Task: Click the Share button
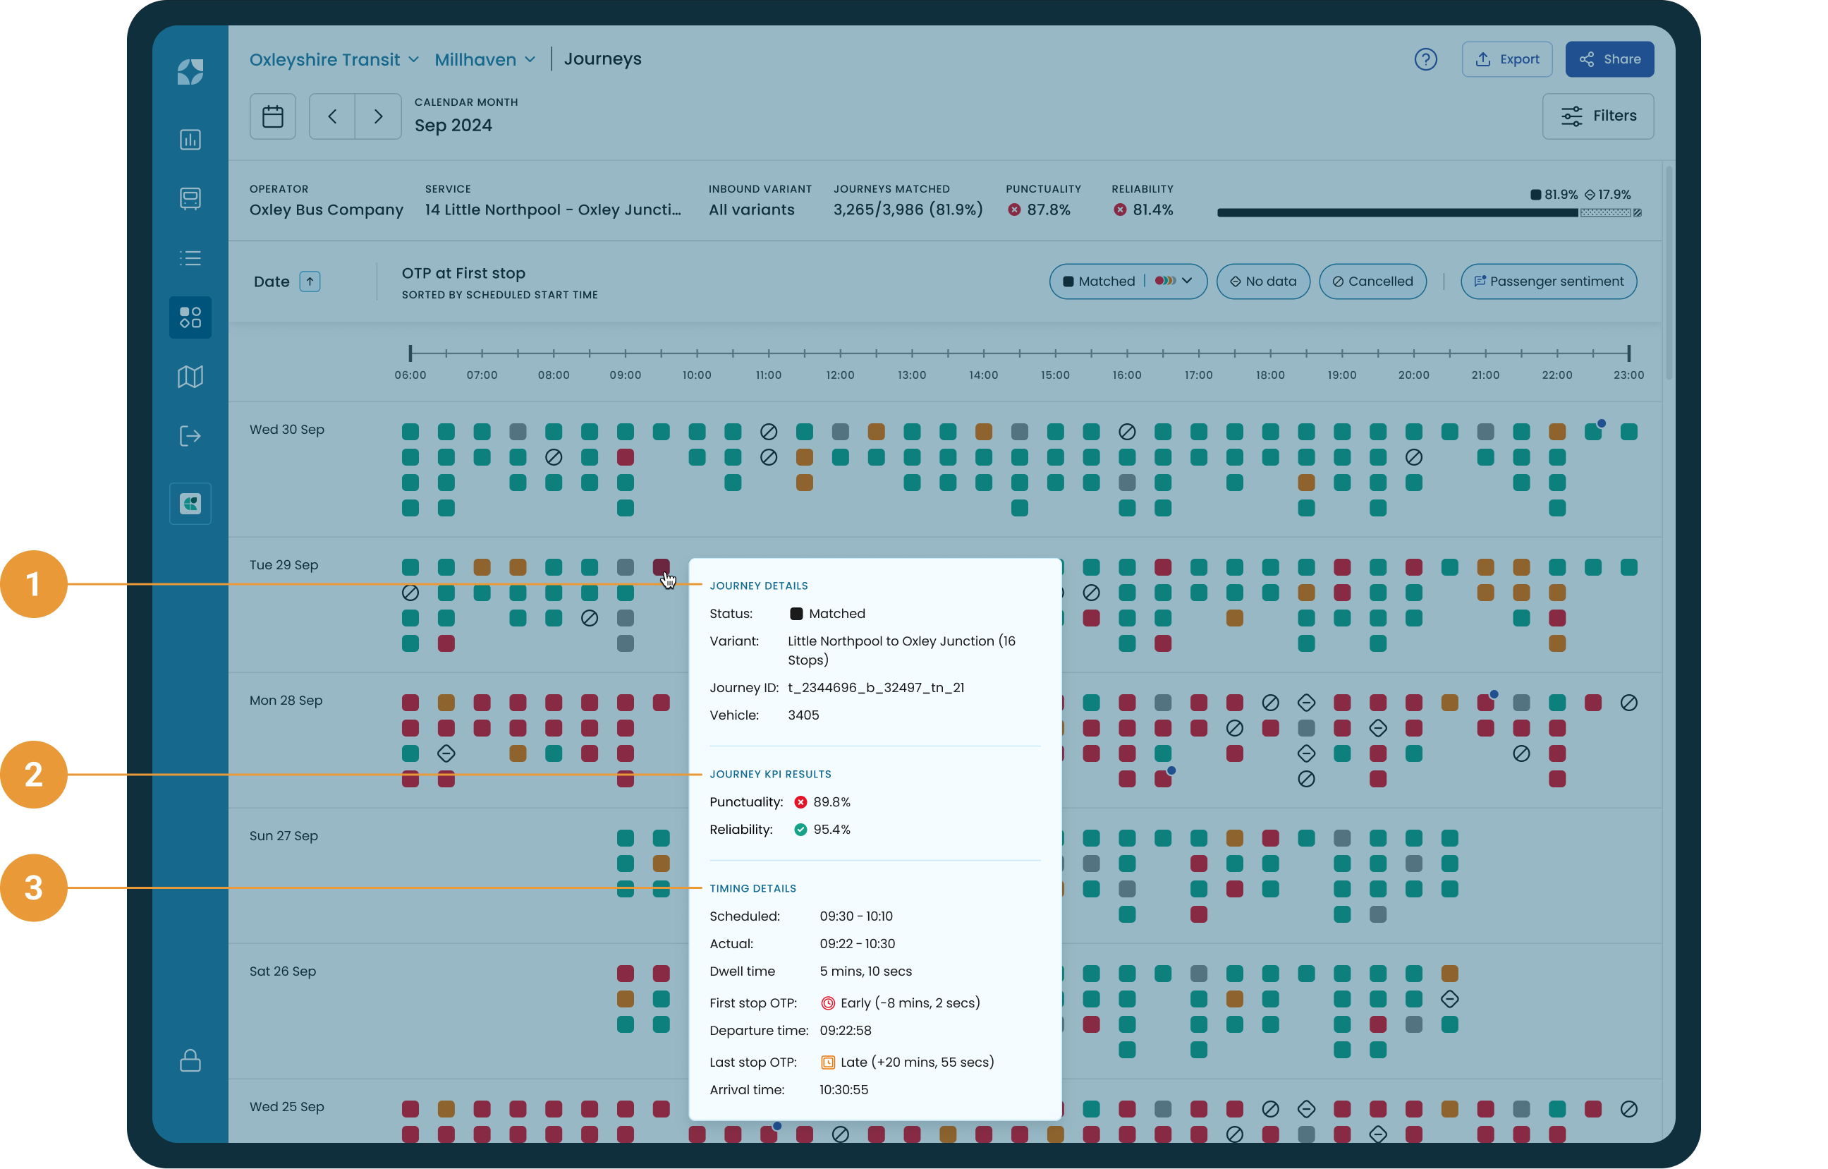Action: tap(1609, 59)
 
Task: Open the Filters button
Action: tap(1597, 116)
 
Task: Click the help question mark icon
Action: tap(1425, 59)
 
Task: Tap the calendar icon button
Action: tap(272, 116)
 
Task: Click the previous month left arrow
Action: tap(332, 116)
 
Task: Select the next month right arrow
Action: tap(378, 116)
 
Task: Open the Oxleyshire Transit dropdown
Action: tap(334, 59)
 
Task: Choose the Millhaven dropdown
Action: tap(485, 59)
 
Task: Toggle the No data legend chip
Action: tap(1262, 281)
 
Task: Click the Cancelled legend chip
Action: tap(1372, 281)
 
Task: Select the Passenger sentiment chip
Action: tap(1548, 281)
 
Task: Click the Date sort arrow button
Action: tap(310, 281)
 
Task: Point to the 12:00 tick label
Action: tap(840, 375)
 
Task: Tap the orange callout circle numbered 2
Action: tap(33, 774)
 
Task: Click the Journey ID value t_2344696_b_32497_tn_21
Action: tap(875, 687)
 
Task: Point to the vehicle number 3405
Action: tap(803, 715)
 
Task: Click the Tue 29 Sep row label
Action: tap(284, 565)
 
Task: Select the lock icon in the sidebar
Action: tap(190, 1060)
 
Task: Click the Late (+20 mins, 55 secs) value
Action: tap(916, 1062)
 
